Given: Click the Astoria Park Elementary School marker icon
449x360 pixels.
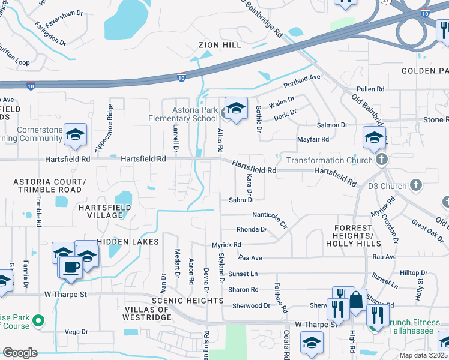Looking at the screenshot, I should click(x=236, y=108).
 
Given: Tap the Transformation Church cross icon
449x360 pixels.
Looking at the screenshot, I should click(x=381, y=160).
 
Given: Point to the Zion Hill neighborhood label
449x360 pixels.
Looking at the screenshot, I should click(x=220, y=45).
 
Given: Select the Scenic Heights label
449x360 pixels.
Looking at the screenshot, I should click(x=188, y=300).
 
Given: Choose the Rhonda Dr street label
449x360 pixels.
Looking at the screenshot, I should click(x=252, y=229).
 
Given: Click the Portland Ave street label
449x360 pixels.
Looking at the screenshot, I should click(x=303, y=79).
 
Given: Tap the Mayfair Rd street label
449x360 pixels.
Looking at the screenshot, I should click(x=313, y=139).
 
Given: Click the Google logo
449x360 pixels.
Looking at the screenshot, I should click(x=20, y=353).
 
